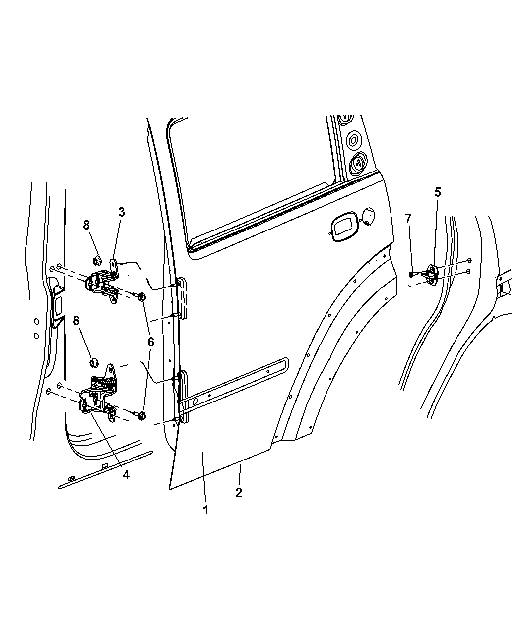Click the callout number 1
(x=205, y=509)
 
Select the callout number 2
(x=239, y=493)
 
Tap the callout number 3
(x=121, y=212)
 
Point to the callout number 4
(x=126, y=474)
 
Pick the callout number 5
(x=437, y=192)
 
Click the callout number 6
(x=150, y=342)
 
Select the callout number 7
(x=408, y=219)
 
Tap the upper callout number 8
(x=86, y=225)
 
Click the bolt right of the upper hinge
(x=140, y=296)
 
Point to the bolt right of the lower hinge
(x=141, y=416)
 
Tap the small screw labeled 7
(x=412, y=273)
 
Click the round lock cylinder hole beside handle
(x=369, y=216)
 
